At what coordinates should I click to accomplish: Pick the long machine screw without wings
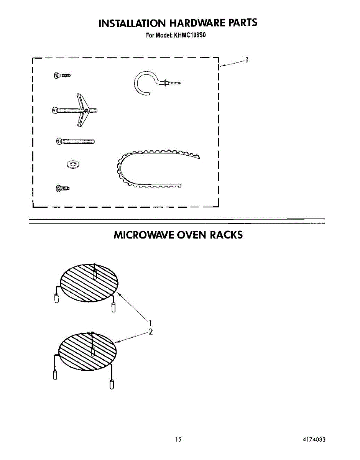pyautogui.click(x=75, y=142)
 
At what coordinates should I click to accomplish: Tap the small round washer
pyautogui.click(x=72, y=164)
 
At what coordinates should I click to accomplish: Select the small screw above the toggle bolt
pyautogui.click(x=62, y=76)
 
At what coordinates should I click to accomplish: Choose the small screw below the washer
pyautogui.click(x=62, y=188)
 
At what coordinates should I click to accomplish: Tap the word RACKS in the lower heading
pyautogui.click(x=226, y=235)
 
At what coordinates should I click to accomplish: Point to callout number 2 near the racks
pyautogui.click(x=151, y=332)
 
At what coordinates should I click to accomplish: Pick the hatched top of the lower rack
pyautogui.click(x=87, y=351)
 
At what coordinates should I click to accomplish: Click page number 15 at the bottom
pyautogui.click(x=178, y=440)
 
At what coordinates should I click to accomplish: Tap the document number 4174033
pyautogui.click(x=314, y=440)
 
